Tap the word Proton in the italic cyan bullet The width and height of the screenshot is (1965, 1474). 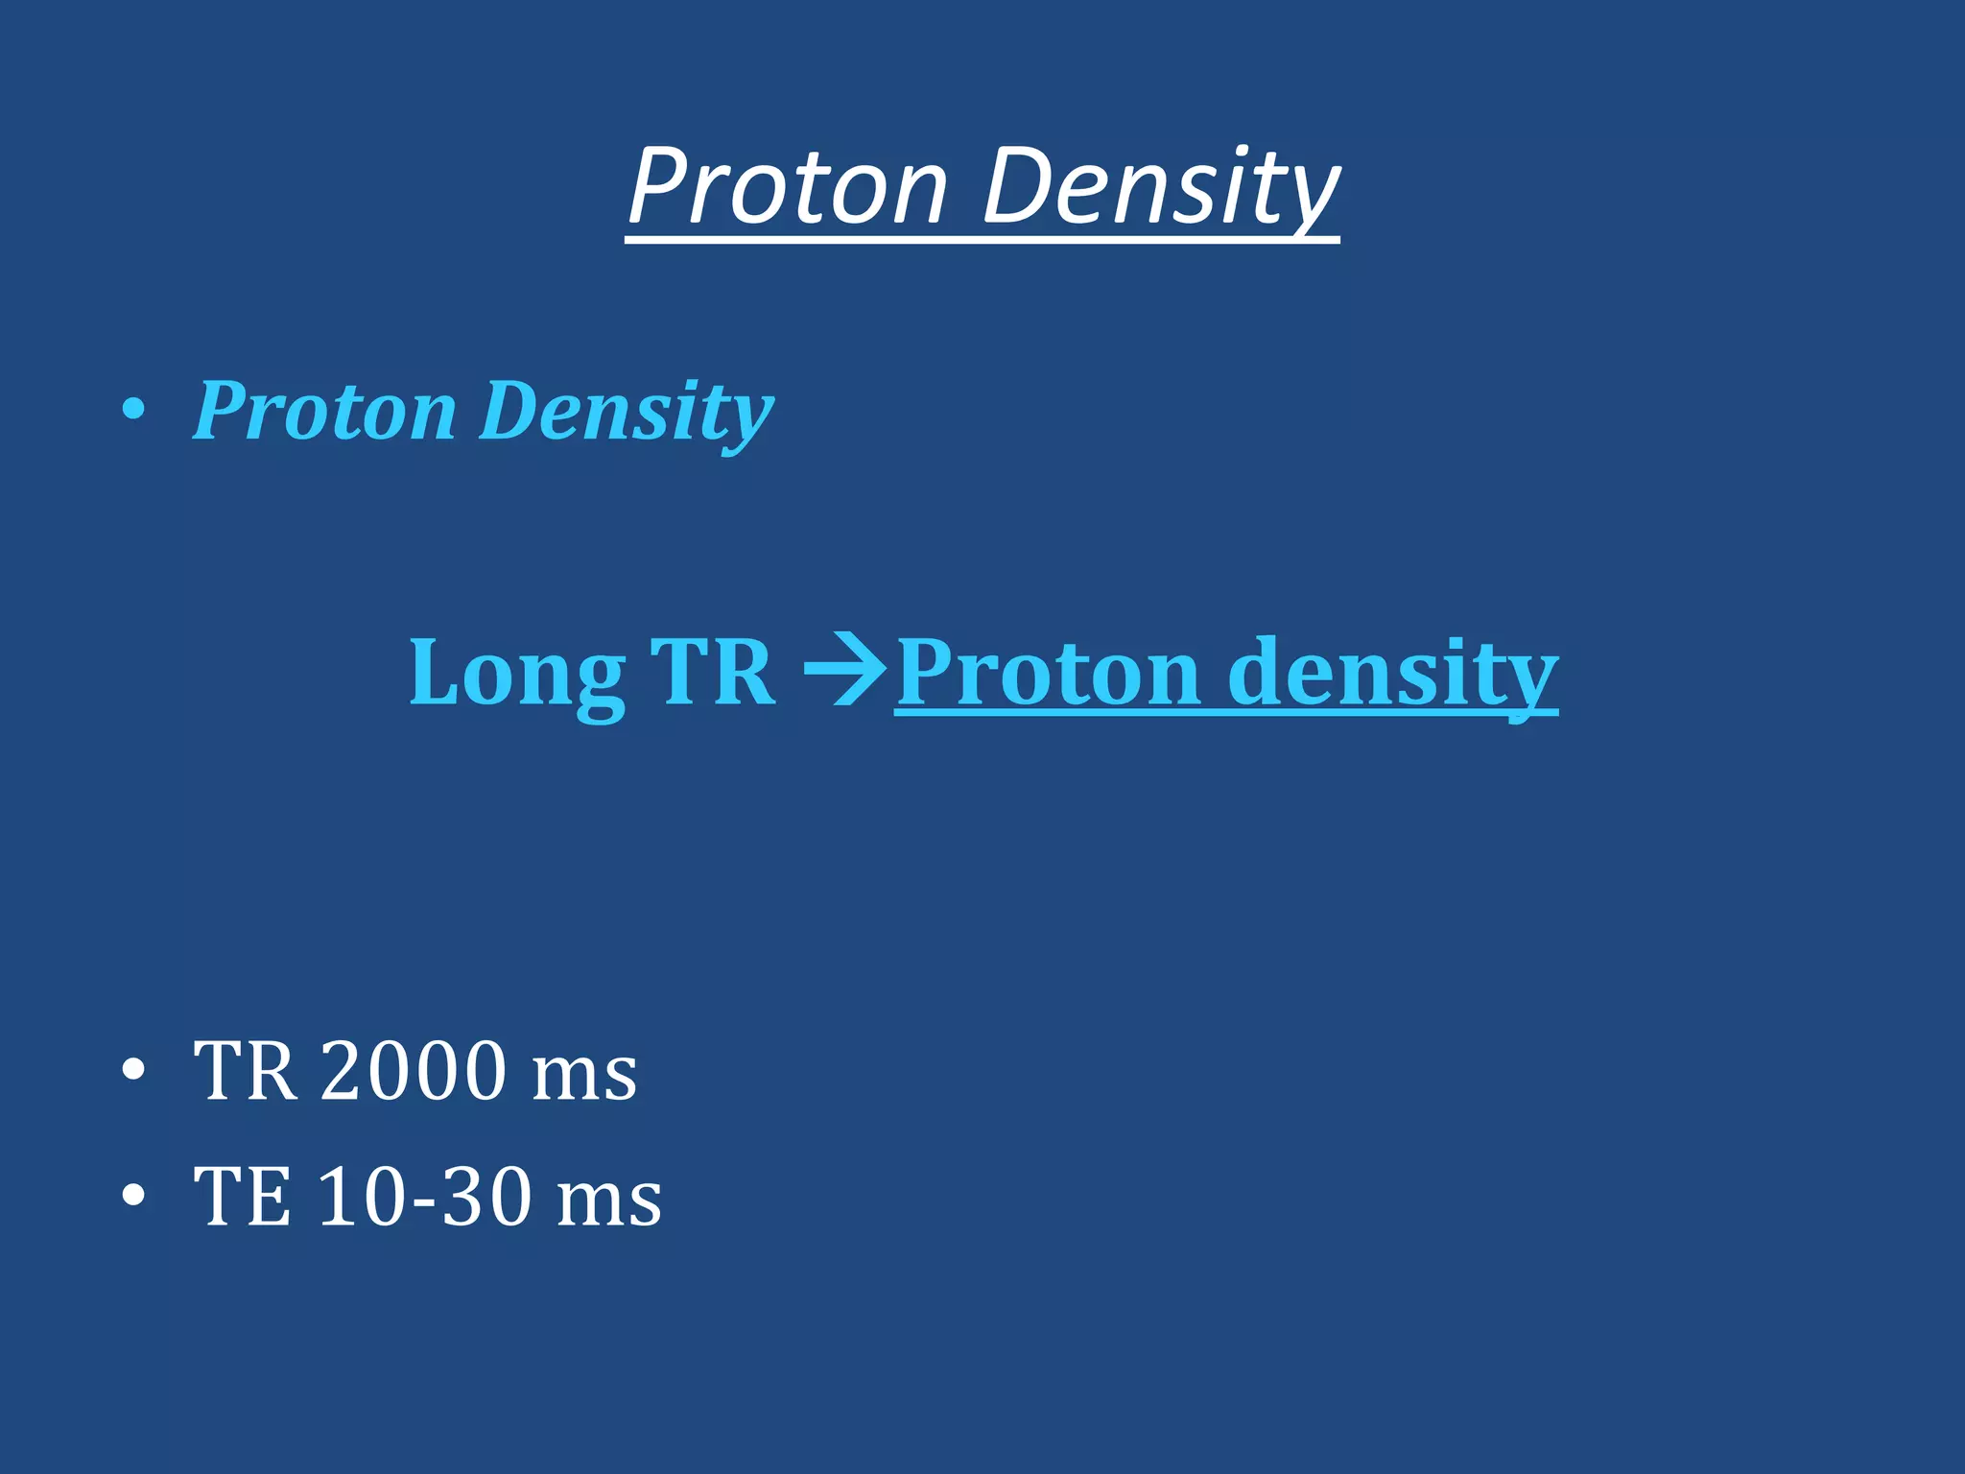(x=324, y=412)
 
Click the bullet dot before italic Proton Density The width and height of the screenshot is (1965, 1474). (x=134, y=411)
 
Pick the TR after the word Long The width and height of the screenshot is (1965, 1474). (x=712, y=673)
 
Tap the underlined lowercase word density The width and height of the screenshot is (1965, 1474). (x=1391, y=673)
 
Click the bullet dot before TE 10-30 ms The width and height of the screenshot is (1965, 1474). (x=134, y=1196)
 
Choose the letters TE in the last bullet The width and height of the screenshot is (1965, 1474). (x=242, y=1197)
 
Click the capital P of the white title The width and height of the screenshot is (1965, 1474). (x=662, y=186)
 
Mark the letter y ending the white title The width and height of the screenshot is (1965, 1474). (x=1314, y=197)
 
